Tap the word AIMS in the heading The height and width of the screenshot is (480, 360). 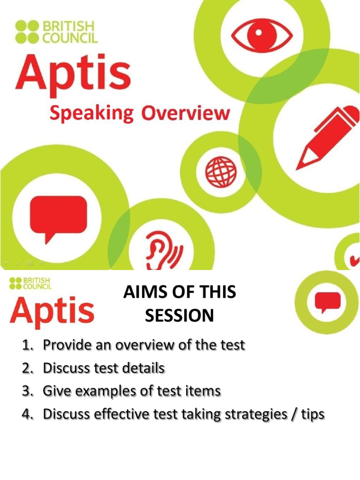(x=144, y=294)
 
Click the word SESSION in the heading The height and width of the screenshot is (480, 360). (x=179, y=316)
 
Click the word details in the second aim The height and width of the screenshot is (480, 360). (x=143, y=368)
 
